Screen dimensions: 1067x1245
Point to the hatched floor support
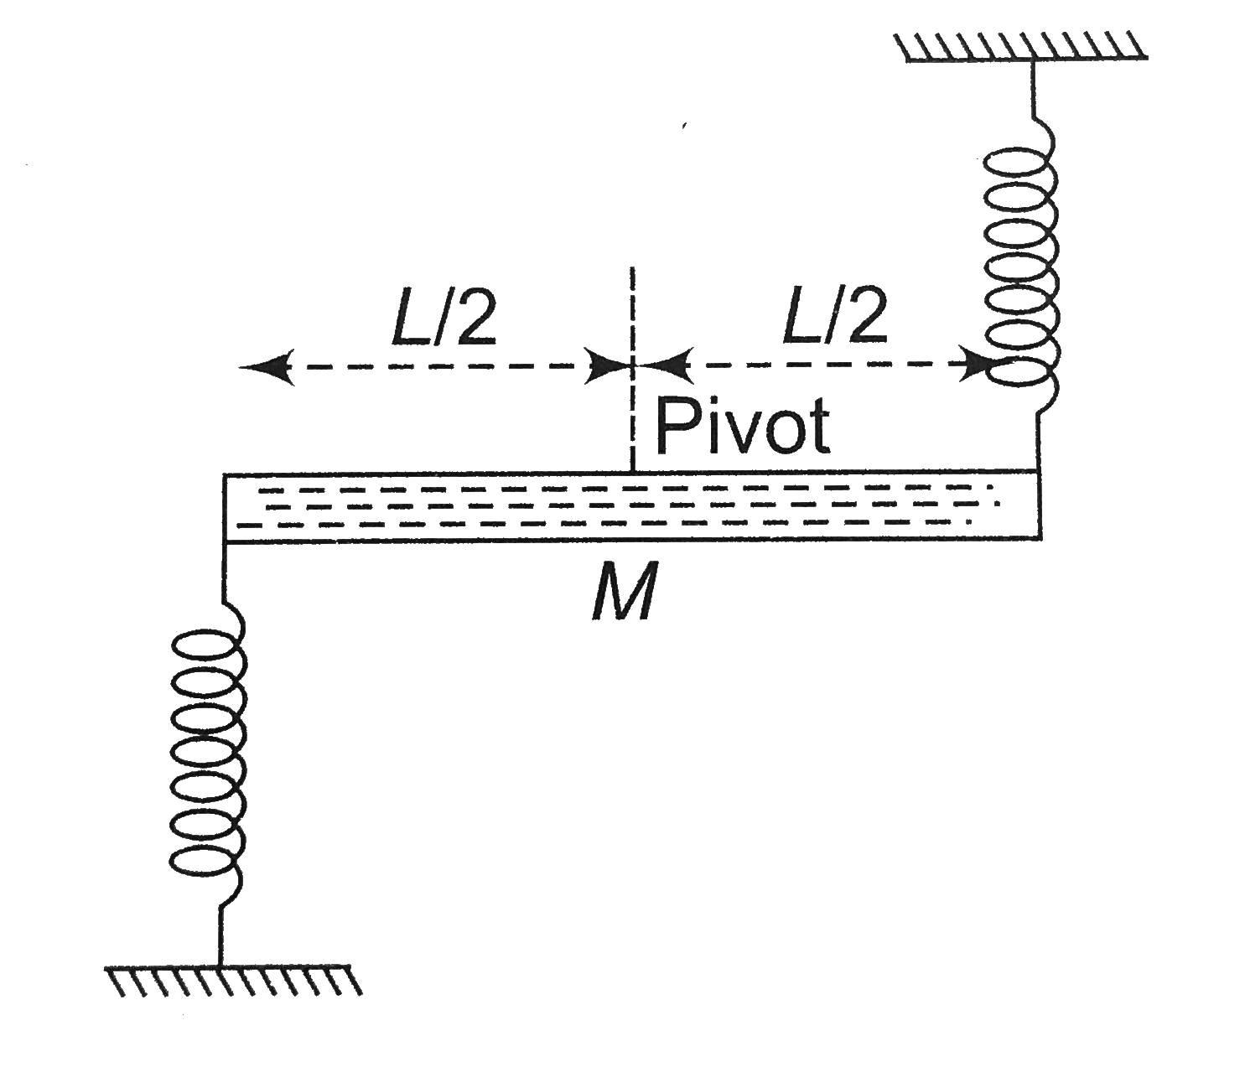[x=233, y=980]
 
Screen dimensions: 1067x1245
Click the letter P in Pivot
[x=677, y=427]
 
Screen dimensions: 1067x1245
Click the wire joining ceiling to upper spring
[x=1033, y=92]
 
